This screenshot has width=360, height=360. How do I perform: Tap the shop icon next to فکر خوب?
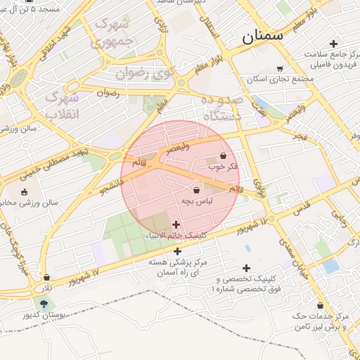point(224,156)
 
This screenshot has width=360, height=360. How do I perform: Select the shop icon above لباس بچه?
point(195,190)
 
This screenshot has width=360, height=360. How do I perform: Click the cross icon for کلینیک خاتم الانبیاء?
point(176,224)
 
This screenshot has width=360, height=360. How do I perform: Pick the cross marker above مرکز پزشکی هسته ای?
point(177,251)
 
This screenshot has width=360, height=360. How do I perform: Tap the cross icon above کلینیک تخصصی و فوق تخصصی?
point(246,268)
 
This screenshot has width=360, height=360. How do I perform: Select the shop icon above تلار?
point(46,278)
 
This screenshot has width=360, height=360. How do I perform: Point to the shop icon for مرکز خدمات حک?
point(321,306)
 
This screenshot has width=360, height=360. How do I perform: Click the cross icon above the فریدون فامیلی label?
point(333,44)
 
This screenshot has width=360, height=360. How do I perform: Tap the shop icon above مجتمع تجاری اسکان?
point(280,68)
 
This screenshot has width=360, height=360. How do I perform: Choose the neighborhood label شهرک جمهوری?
point(112,33)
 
